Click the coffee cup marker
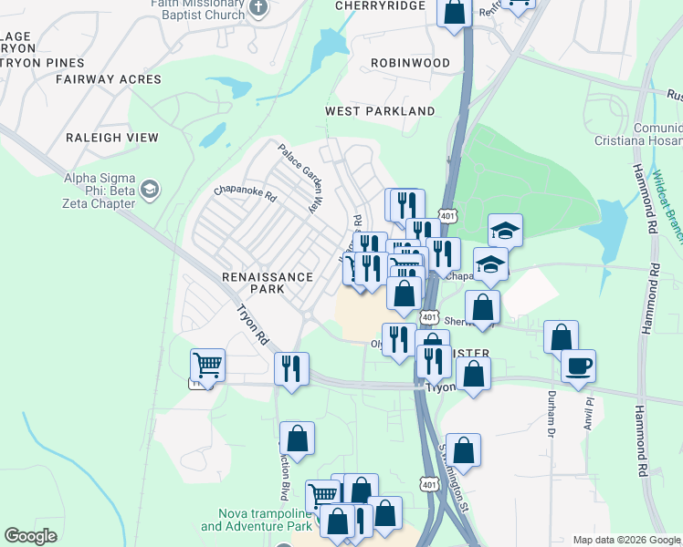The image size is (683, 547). click(x=578, y=367)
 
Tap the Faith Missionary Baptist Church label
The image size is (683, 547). click(x=199, y=9)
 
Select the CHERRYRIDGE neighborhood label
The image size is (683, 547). click(x=381, y=6)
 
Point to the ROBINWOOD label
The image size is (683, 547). click(x=410, y=63)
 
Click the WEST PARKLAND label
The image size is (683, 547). click(x=381, y=111)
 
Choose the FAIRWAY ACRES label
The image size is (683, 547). click(x=108, y=79)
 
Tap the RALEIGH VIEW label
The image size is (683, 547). click(x=112, y=138)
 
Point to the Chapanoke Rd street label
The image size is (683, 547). click(x=245, y=192)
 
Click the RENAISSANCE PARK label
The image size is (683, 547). click(x=268, y=283)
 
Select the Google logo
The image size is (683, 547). click(x=30, y=536)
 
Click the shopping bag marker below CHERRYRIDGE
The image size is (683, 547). click(x=454, y=12)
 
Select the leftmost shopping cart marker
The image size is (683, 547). click(x=207, y=366)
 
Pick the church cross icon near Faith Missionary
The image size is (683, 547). click(x=259, y=9)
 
